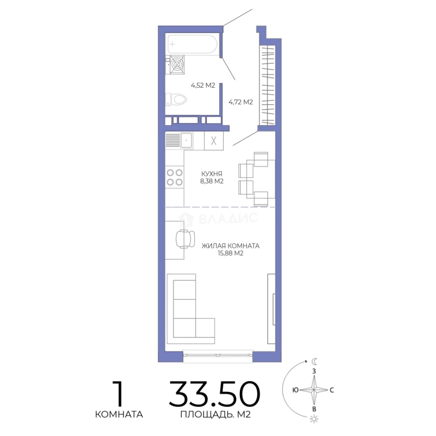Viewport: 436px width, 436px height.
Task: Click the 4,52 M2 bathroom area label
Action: point(203,85)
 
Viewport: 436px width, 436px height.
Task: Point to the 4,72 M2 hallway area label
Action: point(241,102)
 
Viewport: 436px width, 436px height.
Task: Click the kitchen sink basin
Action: point(186,140)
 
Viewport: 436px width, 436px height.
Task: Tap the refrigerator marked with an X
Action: point(214,141)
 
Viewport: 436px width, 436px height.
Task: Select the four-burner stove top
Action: point(175,177)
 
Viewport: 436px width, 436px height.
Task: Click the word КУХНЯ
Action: point(212,174)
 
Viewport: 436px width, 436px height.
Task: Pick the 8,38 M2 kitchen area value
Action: point(212,181)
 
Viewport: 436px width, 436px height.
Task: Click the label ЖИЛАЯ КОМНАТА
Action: point(231,246)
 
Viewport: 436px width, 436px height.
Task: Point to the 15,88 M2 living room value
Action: point(231,253)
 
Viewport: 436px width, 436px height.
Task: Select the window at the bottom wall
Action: point(218,355)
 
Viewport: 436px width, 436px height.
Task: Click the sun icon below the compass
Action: point(314,419)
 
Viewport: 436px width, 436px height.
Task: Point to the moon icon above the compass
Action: point(314,361)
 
